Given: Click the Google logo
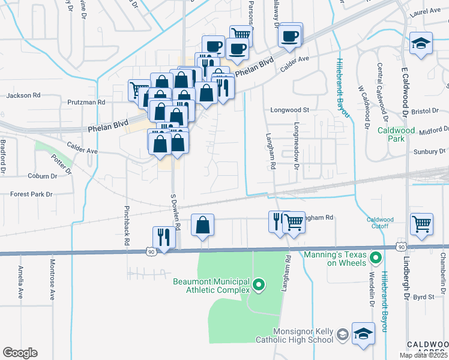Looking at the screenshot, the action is [x=20, y=353].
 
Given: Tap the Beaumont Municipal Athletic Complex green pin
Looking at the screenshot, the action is [x=259, y=284].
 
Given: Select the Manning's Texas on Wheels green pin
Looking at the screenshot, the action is [x=376, y=259].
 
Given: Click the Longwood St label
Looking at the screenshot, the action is [x=289, y=110].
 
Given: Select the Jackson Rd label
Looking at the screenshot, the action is [x=23, y=95].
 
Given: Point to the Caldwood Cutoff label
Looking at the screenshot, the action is [x=384, y=223].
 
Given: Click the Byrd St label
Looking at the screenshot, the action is [x=424, y=296].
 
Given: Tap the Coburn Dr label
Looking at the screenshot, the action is [x=42, y=176].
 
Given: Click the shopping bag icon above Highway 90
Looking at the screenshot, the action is [x=203, y=225].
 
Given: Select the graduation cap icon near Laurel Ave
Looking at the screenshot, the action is [x=421, y=44].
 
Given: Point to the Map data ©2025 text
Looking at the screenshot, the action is [x=424, y=355].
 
